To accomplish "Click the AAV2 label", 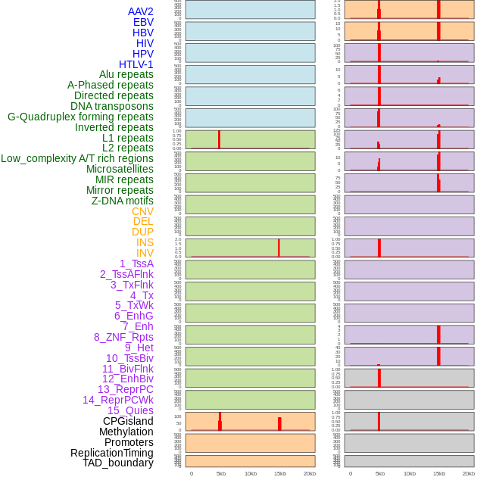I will [140, 11].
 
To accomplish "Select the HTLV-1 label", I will [136, 64].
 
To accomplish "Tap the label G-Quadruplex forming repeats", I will [80, 117].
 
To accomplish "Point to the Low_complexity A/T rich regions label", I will [77, 158].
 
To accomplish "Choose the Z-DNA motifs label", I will [122, 201].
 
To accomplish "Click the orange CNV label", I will [142, 211].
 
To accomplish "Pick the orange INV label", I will [145, 253].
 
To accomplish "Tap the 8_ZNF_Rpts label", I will [123, 337].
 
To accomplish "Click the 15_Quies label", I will [130, 410].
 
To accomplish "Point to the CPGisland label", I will [128, 421].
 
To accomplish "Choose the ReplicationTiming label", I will [111, 453].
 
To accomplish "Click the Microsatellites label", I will [120, 169].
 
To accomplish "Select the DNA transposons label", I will [112, 106].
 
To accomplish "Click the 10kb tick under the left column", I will [251, 473].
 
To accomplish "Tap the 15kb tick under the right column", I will [439, 473].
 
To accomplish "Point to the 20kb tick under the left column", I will [310, 473].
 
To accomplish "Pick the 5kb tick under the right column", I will [380, 473].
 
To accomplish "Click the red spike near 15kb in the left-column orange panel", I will [279, 423].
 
